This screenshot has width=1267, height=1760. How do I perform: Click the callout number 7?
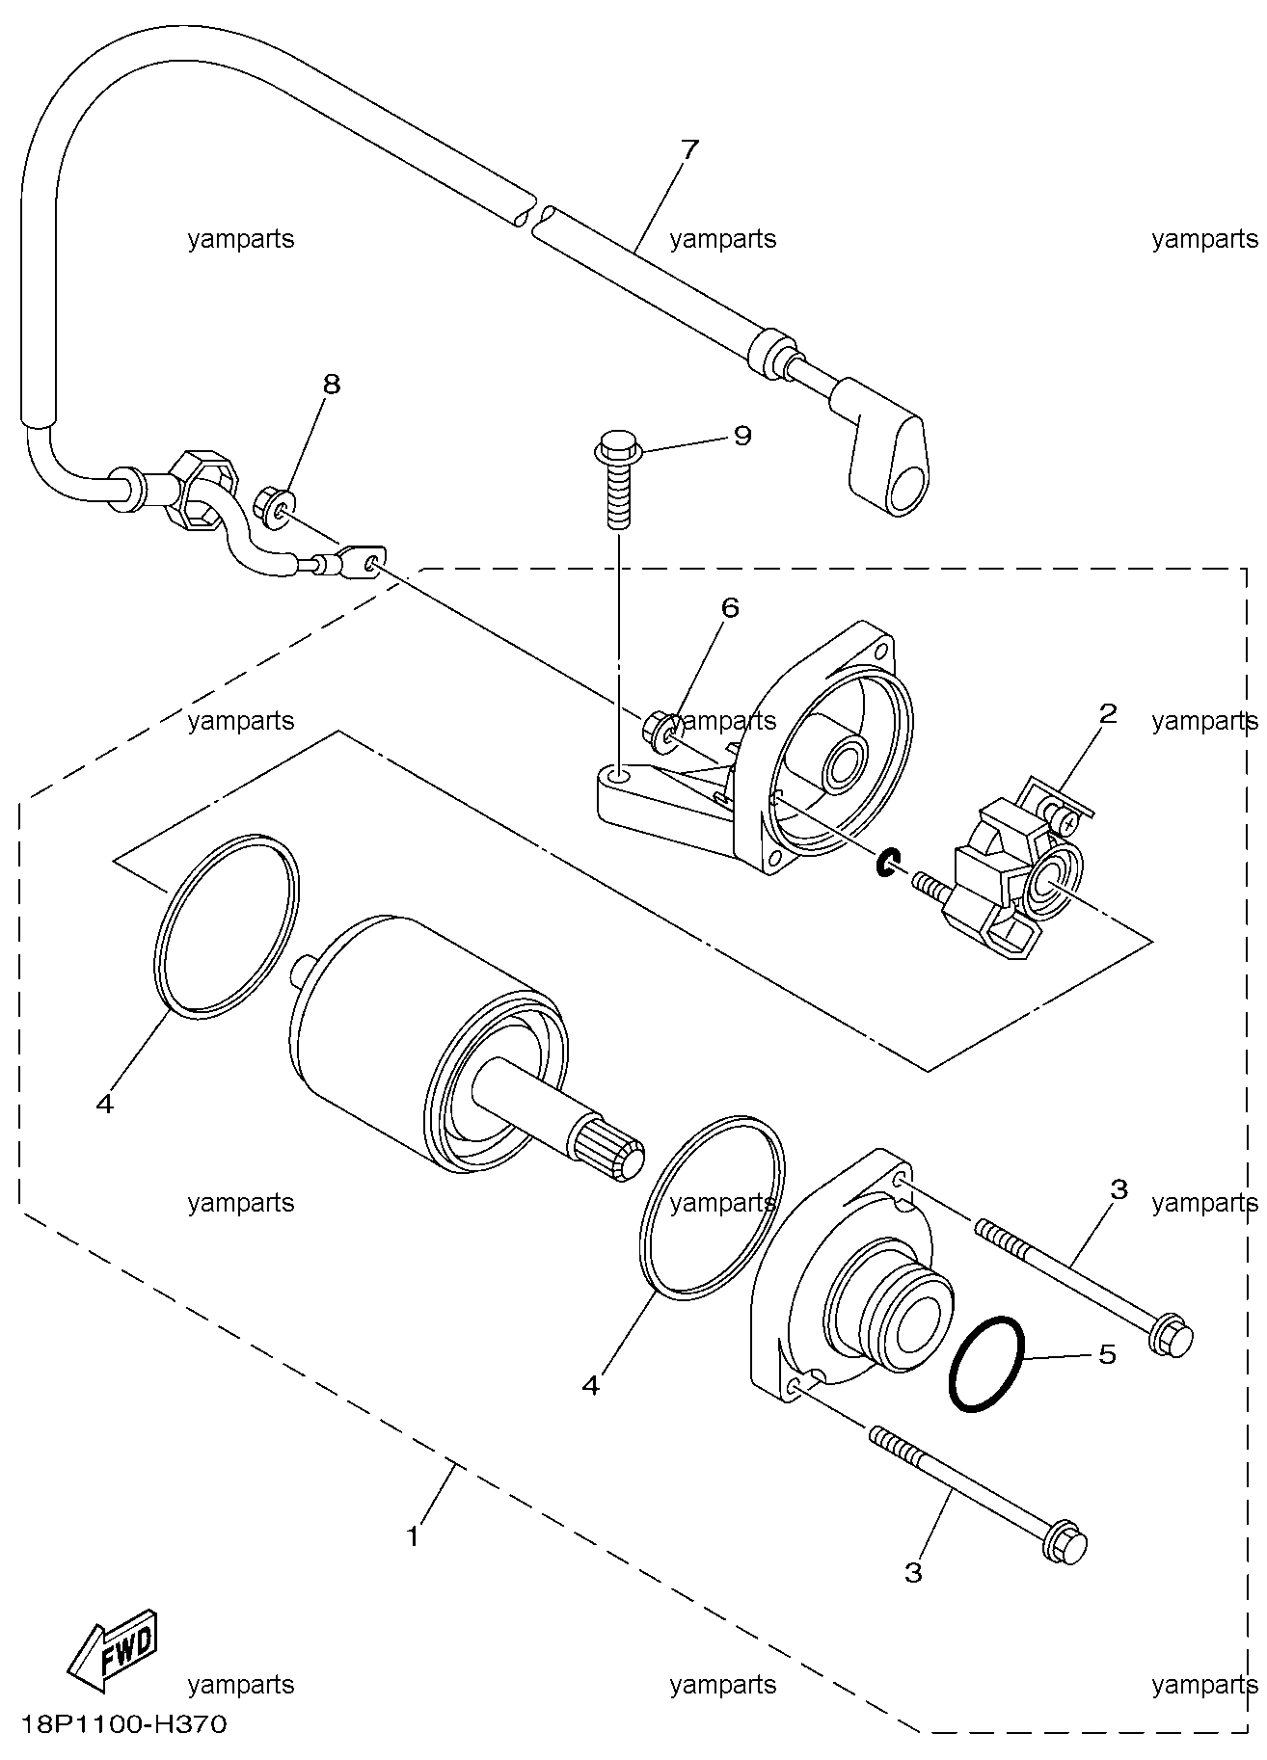pyautogui.click(x=689, y=151)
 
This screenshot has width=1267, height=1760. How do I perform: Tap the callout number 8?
pyautogui.click(x=331, y=385)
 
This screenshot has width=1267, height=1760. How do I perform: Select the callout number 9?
pyautogui.click(x=741, y=436)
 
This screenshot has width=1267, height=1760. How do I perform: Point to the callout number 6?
pyautogui.click(x=729, y=607)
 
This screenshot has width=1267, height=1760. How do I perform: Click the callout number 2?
pyautogui.click(x=1108, y=713)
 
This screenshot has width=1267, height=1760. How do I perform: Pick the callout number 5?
pyautogui.click(x=1107, y=1354)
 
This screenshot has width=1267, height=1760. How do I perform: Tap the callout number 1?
pyautogui.click(x=414, y=1537)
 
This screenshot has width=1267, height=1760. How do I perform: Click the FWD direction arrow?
pyautogui.click(x=112, y=1650)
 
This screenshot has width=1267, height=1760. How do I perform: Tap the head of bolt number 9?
pyautogui.click(x=614, y=447)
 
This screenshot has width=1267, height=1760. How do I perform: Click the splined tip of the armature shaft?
pyautogui.click(x=611, y=1154)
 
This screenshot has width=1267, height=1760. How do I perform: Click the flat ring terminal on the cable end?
pyautogui.click(x=362, y=560)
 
